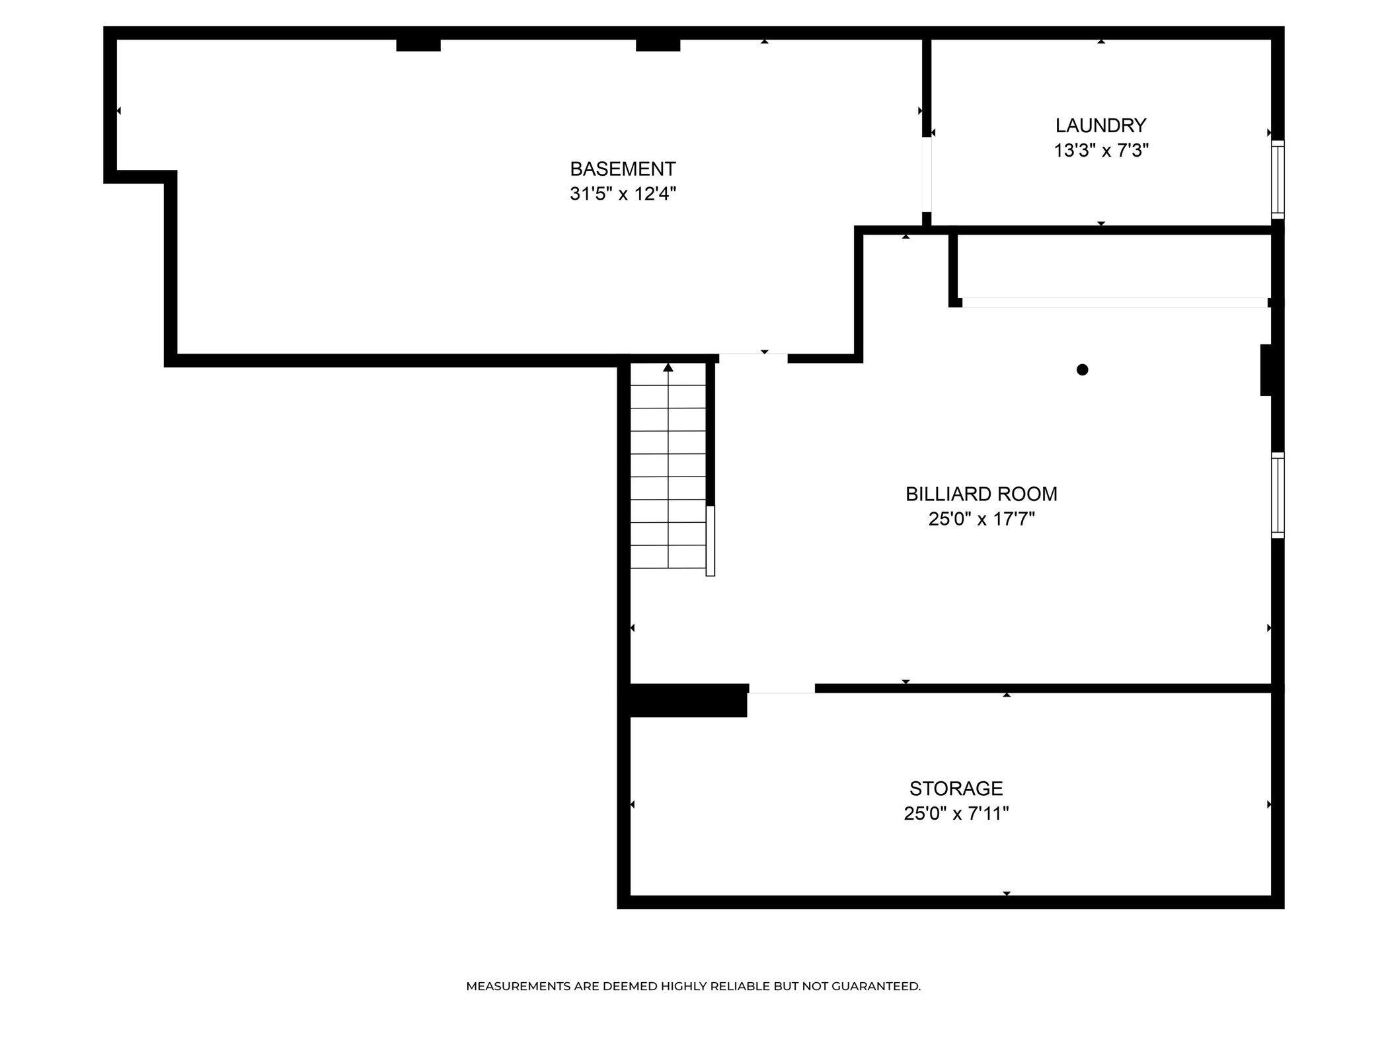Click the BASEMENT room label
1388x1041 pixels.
tap(623, 169)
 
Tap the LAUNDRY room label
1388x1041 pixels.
tap(1100, 126)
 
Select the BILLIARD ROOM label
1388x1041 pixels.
tap(981, 494)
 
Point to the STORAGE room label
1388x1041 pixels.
tap(956, 789)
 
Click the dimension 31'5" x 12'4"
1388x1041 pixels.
tap(623, 194)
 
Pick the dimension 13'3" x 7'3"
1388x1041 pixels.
tap(1100, 151)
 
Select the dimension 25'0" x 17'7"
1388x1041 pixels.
tap(981, 520)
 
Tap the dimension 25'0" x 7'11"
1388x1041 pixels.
tap(956, 814)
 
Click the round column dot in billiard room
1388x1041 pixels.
tap(1082, 370)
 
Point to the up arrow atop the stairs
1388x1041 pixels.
tap(668, 367)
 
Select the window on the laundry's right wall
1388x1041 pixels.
tap(1278, 179)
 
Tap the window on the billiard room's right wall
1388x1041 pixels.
tap(1278, 495)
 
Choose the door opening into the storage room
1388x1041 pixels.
tap(781, 689)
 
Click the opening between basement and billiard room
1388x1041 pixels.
tap(753, 358)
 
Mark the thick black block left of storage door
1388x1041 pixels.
tap(687, 701)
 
